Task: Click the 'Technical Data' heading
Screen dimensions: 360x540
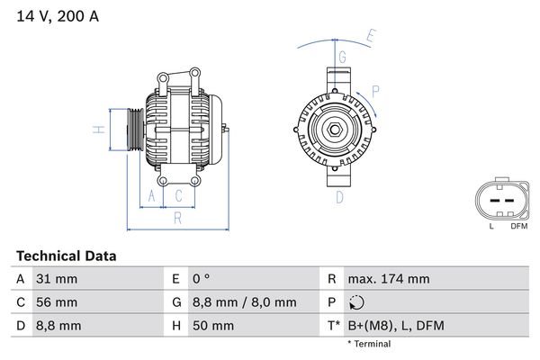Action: pyautogui.click(x=66, y=256)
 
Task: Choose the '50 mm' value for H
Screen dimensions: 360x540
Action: pyautogui.click(x=217, y=326)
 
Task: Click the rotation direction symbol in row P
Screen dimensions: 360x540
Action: pyautogui.click(x=358, y=302)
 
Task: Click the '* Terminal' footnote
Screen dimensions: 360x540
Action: pyautogui.click(x=369, y=344)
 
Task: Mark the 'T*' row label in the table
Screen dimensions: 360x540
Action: pyautogui.click(x=333, y=326)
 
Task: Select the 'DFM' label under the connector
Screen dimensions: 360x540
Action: pyautogui.click(x=518, y=226)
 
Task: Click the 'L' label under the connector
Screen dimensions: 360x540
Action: pyautogui.click(x=491, y=226)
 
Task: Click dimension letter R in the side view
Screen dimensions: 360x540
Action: pyautogui.click(x=178, y=217)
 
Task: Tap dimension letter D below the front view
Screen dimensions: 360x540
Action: pyautogui.click(x=341, y=196)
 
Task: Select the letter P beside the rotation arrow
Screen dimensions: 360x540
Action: pyautogui.click(x=375, y=90)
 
